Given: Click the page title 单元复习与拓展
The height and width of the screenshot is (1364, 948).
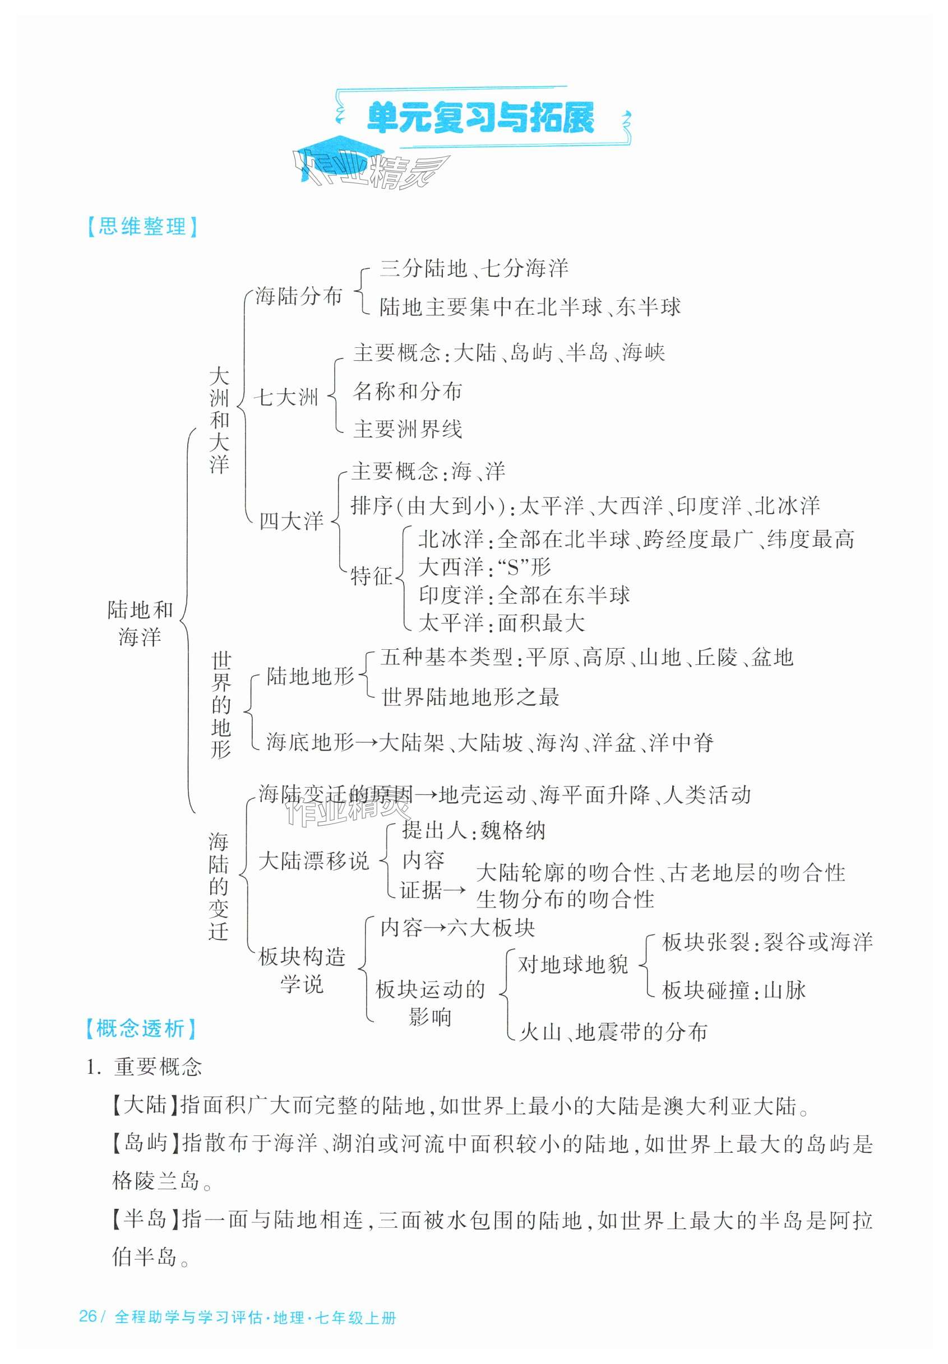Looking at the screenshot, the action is pyautogui.click(x=480, y=118).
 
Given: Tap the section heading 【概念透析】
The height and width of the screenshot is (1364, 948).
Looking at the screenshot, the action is pyautogui.click(x=140, y=1028).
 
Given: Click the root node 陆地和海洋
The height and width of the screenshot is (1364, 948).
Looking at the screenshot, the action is pyautogui.click(x=140, y=623).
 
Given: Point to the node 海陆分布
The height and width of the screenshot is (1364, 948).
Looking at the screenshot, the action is pyautogui.click(x=299, y=296).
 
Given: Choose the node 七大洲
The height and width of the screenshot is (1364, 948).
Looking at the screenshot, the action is pyautogui.click(x=286, y=397).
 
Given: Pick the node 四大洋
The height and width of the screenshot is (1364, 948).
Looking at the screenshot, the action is pyautogui.click(x=291, y=521).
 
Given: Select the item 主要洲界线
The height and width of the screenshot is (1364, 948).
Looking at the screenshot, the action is pyautogui.click(x=408, y=429).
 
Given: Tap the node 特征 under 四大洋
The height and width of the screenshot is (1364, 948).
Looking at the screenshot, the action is pyautogui.click(x=371, y=576).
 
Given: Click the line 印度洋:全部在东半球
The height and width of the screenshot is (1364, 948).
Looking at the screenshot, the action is pyautogui.click(x=524, y=595).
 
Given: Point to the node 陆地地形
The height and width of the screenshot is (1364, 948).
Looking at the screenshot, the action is pyautogui.click(x=309, y=676).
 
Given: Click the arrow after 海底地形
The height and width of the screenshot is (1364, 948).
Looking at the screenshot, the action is pyautogui.click(x=366, y=742).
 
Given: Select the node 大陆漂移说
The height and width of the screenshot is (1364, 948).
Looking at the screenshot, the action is pyautogui.click(x=313, y=860).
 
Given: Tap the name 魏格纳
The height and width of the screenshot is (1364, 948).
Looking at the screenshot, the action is pyautogui.click(x=512, y=830).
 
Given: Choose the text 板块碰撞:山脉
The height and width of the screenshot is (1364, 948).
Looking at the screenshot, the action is pyautogui.click(x=734, y=990).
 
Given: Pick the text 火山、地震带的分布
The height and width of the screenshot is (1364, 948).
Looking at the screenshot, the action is pyautogui.click(x=613, y=1032).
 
